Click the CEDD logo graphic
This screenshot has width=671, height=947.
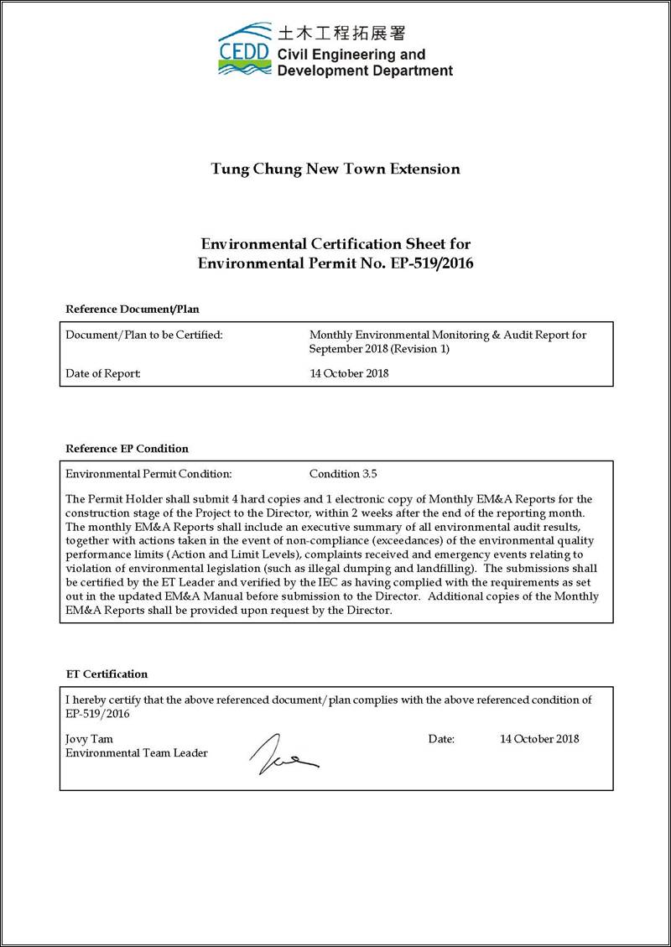point(244,50)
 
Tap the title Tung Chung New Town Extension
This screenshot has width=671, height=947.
point(335,169)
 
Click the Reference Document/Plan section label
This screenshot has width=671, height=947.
point(133,309)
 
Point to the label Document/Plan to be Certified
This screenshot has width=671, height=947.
point(144,335)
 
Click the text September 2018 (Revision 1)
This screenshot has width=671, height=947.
point(379,349)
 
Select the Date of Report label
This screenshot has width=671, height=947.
point(103,373)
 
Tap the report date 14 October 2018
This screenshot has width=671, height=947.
point(349,373)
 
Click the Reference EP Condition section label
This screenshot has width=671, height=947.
point(127,448)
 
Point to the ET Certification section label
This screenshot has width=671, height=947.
point(107,674)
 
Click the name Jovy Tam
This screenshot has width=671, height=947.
point(89,739)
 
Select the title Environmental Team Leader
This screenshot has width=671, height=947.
point(136,753)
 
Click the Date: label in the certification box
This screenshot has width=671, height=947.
point(441,739)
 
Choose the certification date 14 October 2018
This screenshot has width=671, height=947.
point(539,739)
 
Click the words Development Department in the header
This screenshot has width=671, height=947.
point(365,70)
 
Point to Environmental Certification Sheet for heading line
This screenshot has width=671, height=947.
point(335,244)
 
